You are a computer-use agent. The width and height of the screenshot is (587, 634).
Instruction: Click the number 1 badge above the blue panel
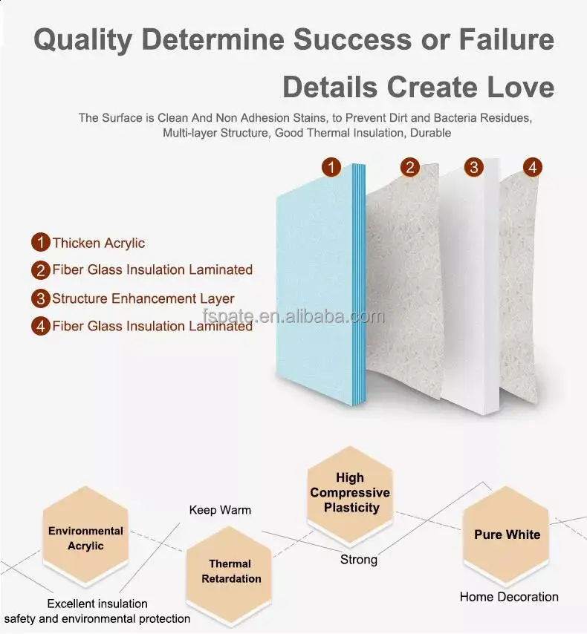pyautogui.click(x=331, y=167)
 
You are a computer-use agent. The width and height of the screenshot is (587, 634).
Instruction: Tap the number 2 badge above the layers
pyautogui.click(x=409, y=167)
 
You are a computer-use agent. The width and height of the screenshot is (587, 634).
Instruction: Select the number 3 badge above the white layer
pyautogui.click(x=474, y=167)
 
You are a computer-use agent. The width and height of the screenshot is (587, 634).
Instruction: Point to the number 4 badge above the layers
pyautogui.click(x=532, y=167)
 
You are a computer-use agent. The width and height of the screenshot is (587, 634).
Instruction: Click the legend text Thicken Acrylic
pyautogui.click(x=98, y=243)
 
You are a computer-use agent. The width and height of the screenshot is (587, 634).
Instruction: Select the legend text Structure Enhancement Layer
pyautogui.click(x=143, y=298)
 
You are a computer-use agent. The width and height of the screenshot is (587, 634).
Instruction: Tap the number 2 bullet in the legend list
pyautogui.click(x=40, y=270)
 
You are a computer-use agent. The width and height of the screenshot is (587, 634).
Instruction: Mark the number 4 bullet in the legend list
pyautogui.click(x=40, y=326)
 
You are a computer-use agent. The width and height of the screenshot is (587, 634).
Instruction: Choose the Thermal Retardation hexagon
pyautogui.click(x=230, y=572)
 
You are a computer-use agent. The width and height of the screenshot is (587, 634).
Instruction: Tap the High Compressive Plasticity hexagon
pyautogui.click(x=350, y=493)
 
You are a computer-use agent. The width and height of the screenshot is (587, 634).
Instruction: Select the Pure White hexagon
pyautogui.click(x=507, y=535)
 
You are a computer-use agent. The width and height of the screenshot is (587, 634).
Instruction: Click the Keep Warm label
pyautogui.click(x=220, y=510)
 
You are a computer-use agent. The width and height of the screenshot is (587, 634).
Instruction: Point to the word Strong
pyautogui.click(x=359, y=559)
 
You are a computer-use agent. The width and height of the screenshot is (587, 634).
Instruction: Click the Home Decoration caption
pyautogui.click(x=509, y=596)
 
